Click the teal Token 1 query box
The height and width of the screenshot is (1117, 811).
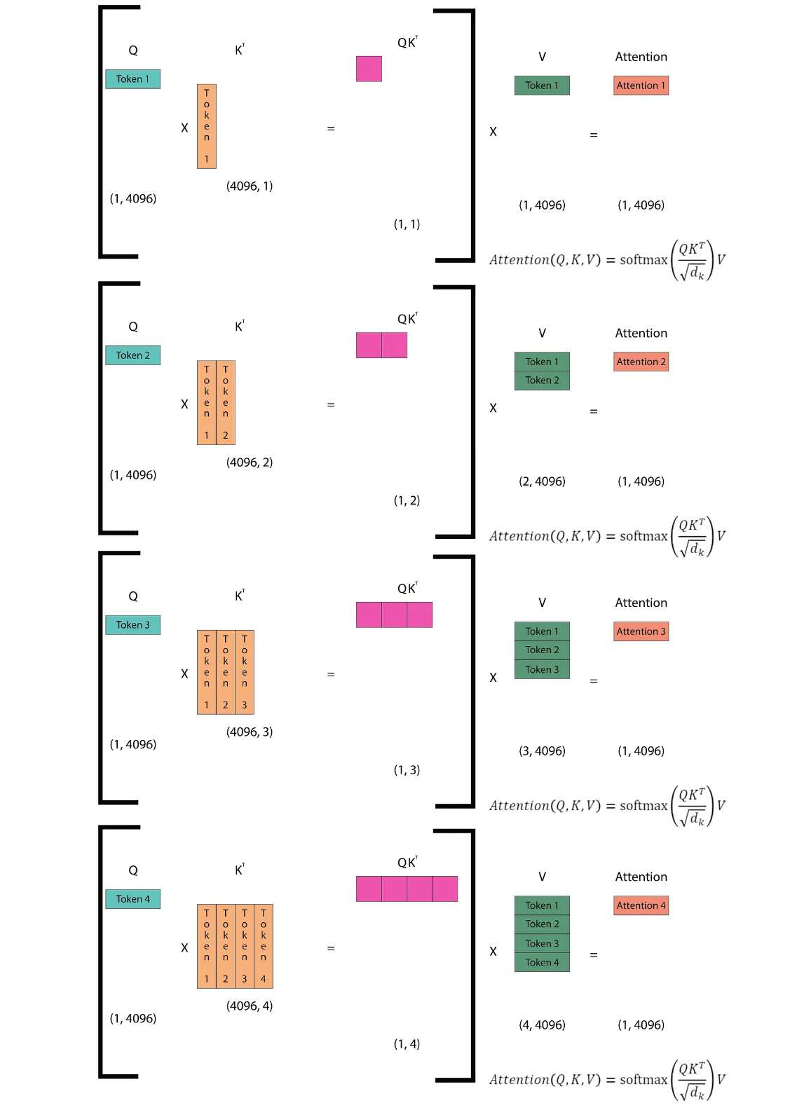[132, 79]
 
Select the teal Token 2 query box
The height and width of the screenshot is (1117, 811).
[132, 355]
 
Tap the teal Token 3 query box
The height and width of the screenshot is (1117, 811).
[132, 625]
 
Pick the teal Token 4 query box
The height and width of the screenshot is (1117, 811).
[132, 899]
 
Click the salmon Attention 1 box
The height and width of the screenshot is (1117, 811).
[641, 85]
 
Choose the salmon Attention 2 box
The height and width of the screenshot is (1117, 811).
[641, 362]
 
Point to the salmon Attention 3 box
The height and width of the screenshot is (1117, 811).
[641, 631]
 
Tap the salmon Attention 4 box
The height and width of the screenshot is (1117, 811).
[641, 905]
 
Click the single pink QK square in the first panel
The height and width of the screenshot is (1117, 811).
[369, 69]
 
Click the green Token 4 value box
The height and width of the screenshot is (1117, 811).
[542, 963]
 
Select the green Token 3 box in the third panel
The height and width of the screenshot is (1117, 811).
[542, 670]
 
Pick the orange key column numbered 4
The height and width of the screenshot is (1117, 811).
[264, 946]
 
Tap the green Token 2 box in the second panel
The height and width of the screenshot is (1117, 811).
[542, 381]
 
